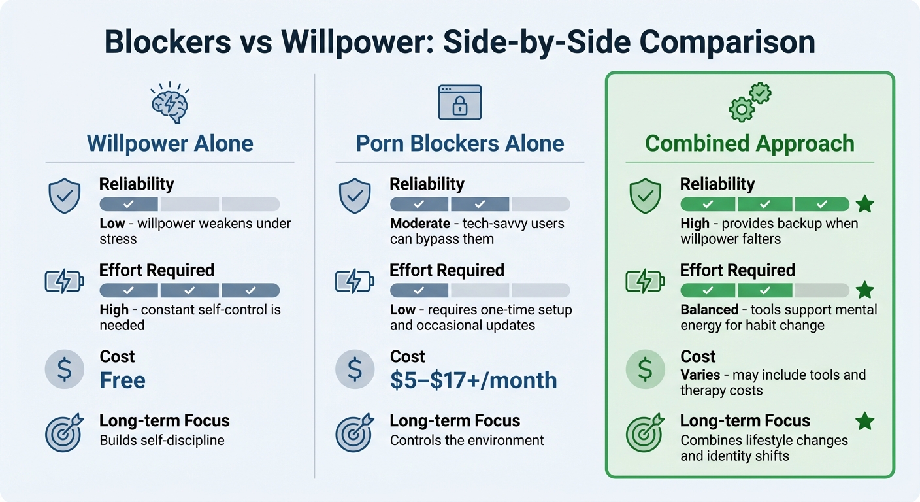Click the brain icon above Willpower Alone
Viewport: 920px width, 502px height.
(169, 104)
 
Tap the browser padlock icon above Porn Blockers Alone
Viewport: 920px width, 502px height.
(459, 102)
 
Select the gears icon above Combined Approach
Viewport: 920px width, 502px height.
(749, 103)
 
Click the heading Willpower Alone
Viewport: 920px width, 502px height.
(170, 143)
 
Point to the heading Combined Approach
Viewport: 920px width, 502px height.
(749, 143)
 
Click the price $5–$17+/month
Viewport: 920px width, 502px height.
(473, 380)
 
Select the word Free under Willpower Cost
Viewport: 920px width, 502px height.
(122, 380)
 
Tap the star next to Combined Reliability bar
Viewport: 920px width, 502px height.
(864, 205)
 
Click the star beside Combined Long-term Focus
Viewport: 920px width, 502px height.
(864, 421)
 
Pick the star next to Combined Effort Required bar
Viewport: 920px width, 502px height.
(864, 290)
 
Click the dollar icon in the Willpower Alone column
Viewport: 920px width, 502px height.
(64, 369)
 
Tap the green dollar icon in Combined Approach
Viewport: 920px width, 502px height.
(645, 369)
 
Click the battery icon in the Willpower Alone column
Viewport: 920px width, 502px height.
(64, 281)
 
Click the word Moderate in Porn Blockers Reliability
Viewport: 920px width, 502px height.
(419, 224)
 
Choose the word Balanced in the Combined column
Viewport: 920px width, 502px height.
(708, 309)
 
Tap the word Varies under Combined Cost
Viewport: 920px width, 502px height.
(701, 375)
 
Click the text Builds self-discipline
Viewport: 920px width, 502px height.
(162, 440)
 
